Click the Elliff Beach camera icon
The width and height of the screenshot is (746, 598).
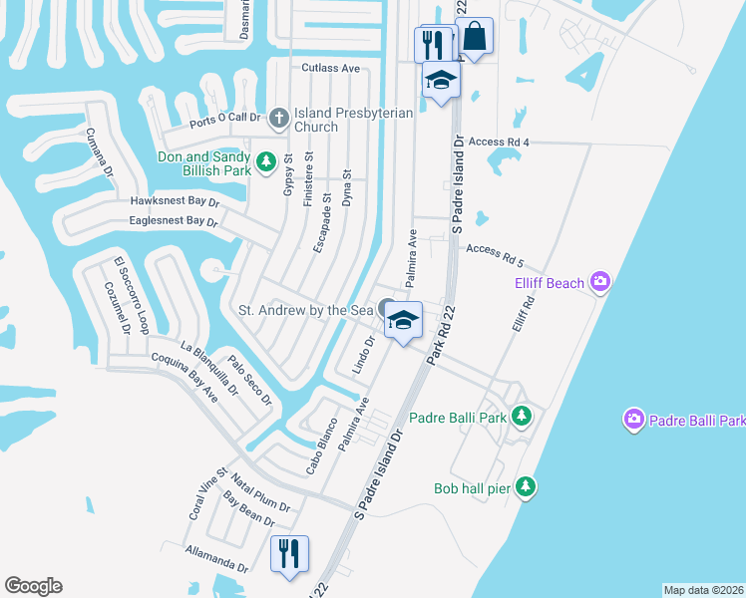tap(599, 283)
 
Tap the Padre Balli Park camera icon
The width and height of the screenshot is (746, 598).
tap(632, 421)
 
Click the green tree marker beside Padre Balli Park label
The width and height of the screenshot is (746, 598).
tap(521, 416)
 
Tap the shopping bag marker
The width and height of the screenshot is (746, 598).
tap(474, 37)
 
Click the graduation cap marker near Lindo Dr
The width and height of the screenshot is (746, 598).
tap(402, 320)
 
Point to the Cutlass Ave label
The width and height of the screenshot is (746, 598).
tap(330, 69)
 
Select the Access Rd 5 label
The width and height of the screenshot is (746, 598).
tap(495, 255)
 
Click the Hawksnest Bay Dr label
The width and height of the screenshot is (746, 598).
tap(175, 200)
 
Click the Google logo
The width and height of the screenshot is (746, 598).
tap(33, 586)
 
